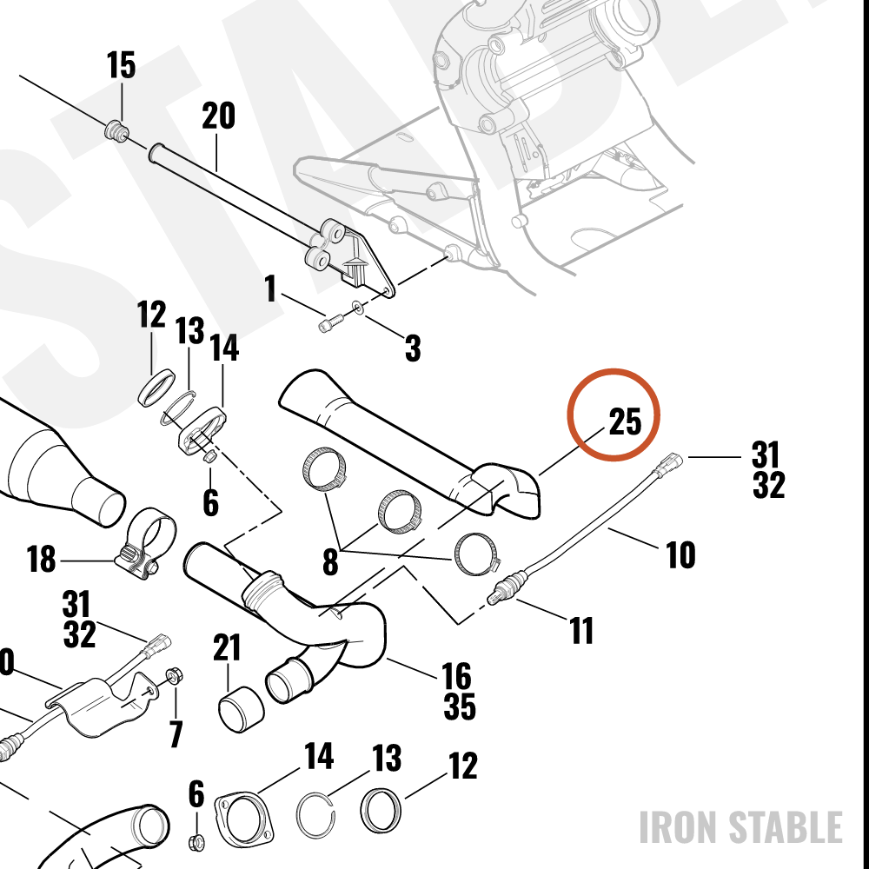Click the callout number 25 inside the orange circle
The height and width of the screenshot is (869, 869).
(625, 421)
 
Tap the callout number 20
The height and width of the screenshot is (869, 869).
(218, 116)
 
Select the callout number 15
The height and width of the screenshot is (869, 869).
(121, 65)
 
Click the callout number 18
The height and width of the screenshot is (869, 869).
(42, 559)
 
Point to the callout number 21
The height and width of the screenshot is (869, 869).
(227, 647)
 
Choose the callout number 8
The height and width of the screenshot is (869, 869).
(330, 562)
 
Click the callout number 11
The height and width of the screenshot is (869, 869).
(581, 631)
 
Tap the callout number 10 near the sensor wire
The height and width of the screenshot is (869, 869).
(680, 554)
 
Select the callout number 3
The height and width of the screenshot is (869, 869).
(413, 348)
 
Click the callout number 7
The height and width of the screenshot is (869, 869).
(176, 733)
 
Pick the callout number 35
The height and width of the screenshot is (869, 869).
(460, 706)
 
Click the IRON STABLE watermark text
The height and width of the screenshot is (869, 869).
(741, 827)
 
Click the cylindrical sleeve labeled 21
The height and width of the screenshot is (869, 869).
(241, 711)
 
